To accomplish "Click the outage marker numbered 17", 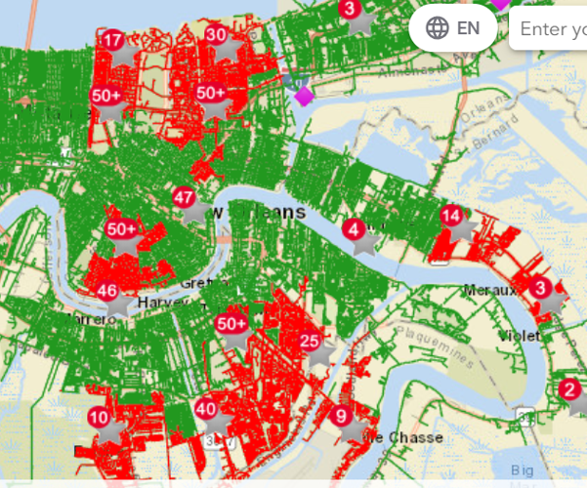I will [113, 41].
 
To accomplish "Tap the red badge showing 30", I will [217, 35].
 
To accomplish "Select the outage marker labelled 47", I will [185, 197].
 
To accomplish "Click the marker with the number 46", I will [108, 291].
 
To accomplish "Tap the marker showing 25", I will [310, 341].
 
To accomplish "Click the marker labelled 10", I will [100, 418].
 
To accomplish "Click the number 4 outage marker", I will [354, 229].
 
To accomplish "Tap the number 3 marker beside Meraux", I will [540, 288].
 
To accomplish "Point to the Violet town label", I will [519, 335].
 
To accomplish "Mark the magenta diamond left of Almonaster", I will [303, 95].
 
